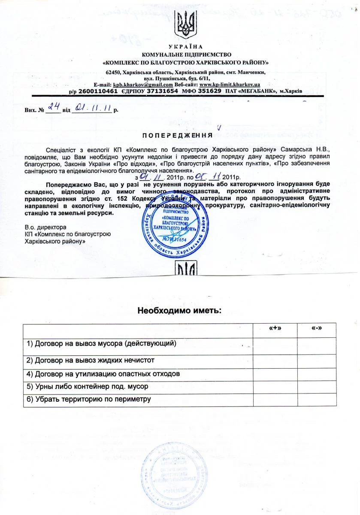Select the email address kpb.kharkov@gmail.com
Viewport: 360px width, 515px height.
[x=137, y=85]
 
